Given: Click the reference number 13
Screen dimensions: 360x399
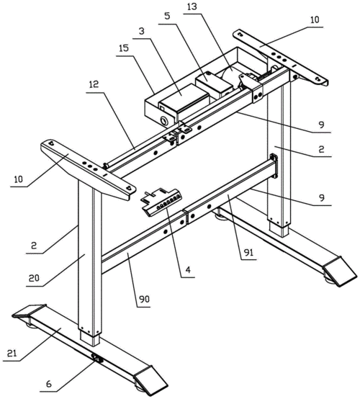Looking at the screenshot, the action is tap(192, 7).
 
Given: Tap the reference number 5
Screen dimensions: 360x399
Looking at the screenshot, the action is tap(167, 16).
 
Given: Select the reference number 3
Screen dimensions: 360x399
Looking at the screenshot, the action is tap(141, 31).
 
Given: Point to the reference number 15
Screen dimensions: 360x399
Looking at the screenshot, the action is tap(124, 48).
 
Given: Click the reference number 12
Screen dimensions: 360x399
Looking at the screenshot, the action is tap(94, 84).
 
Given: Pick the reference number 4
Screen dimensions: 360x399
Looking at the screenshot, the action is tap(188, 269).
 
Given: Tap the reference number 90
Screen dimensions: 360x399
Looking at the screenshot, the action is tap(144, 300).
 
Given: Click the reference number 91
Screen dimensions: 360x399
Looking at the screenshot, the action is tap(248, 252).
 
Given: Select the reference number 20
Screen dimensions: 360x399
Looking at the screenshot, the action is tap(34, 278).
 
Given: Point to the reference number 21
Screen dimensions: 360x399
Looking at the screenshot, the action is tap(12, 353).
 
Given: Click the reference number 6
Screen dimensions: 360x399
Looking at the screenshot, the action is tap(48, 383).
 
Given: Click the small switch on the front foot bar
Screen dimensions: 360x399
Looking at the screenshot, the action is tap(97, 358).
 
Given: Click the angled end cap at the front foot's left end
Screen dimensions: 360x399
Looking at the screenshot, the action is tap(29, 311).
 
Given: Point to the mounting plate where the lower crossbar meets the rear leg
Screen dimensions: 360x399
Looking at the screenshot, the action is tap(274, 166).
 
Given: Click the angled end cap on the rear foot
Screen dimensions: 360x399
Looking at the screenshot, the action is tap(340, 272).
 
